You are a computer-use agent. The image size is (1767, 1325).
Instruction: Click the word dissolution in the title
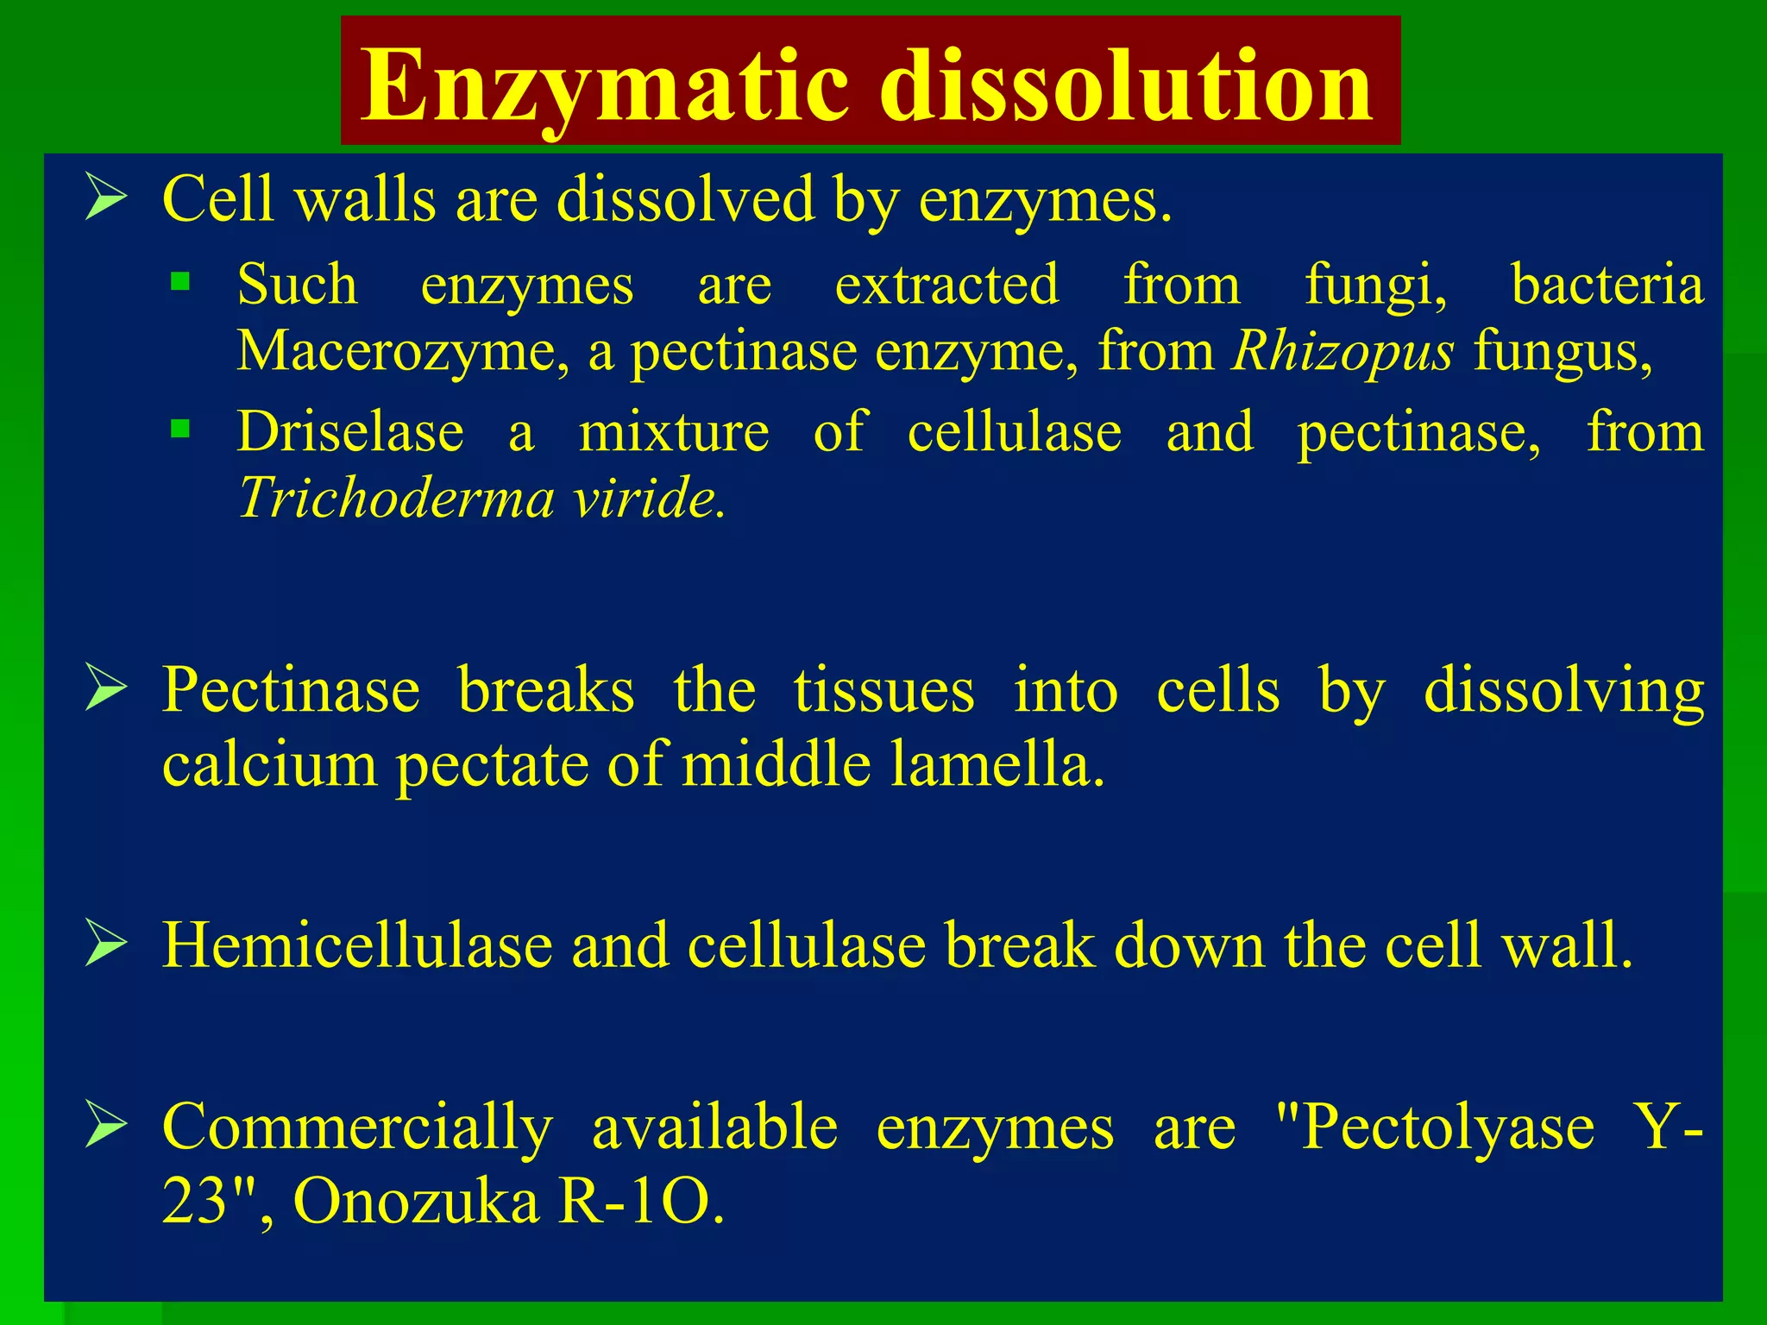coord(1125,86)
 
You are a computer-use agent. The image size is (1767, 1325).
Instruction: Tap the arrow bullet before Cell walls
coord(106,198)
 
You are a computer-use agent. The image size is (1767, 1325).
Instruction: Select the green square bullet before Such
coord(180,282)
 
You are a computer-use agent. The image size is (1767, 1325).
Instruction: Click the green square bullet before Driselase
coord(180,429)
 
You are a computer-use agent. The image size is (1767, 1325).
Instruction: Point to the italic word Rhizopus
coord(1343,352)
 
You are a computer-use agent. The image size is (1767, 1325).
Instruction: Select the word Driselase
coord(350,431)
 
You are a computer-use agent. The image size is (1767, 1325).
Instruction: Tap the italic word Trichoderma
coord(396,498)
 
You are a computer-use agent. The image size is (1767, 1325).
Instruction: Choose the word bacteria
coord(1607,285)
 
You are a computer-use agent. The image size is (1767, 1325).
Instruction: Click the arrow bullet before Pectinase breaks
coord(106,689)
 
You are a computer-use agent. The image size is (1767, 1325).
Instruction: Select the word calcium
coord(269,764)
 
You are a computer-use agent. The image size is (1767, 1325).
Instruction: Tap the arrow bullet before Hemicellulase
coord(106,944)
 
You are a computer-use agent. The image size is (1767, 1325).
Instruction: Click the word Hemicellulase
coord(356,945)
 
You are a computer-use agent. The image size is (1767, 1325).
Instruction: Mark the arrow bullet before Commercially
coord(106,1125)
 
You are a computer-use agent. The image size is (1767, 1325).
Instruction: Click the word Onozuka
coord(416,1201)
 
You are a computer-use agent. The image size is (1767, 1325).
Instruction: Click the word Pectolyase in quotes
coord(1447,1127)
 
